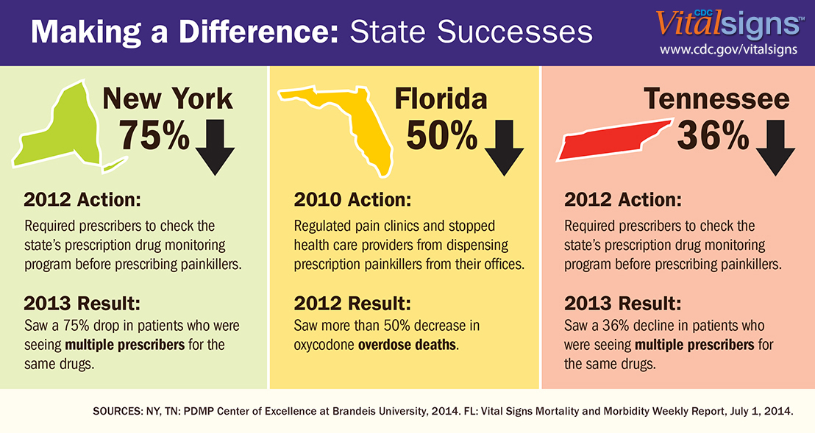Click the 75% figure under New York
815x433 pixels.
tap(154, 135)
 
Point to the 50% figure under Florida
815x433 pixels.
tap(441, 135)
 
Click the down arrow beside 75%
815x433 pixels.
tap(215, 147)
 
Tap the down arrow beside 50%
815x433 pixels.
tap(504, 147)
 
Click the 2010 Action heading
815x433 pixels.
tap(352, 200)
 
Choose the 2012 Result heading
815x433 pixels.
tap(352, 304)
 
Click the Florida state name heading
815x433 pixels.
tap(441, 99)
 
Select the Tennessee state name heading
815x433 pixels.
tap(716, 99)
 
